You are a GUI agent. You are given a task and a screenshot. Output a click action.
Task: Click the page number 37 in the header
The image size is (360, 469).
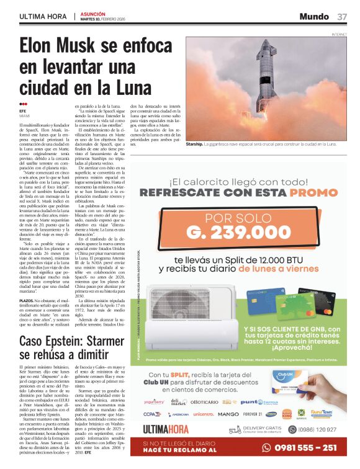(342, 16)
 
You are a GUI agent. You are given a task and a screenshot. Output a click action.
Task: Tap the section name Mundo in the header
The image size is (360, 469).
(313, 16)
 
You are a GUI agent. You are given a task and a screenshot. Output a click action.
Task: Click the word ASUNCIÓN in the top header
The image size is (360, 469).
(92, 13)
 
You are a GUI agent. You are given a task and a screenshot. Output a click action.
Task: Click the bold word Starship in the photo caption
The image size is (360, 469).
(196, 144)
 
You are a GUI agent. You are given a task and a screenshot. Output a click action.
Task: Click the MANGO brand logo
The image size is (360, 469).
(228, 414)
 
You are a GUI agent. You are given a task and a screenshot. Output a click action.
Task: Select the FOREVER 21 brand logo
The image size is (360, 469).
(253, 414)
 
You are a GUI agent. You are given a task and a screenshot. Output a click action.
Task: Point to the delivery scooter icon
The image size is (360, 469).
(234, 429)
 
